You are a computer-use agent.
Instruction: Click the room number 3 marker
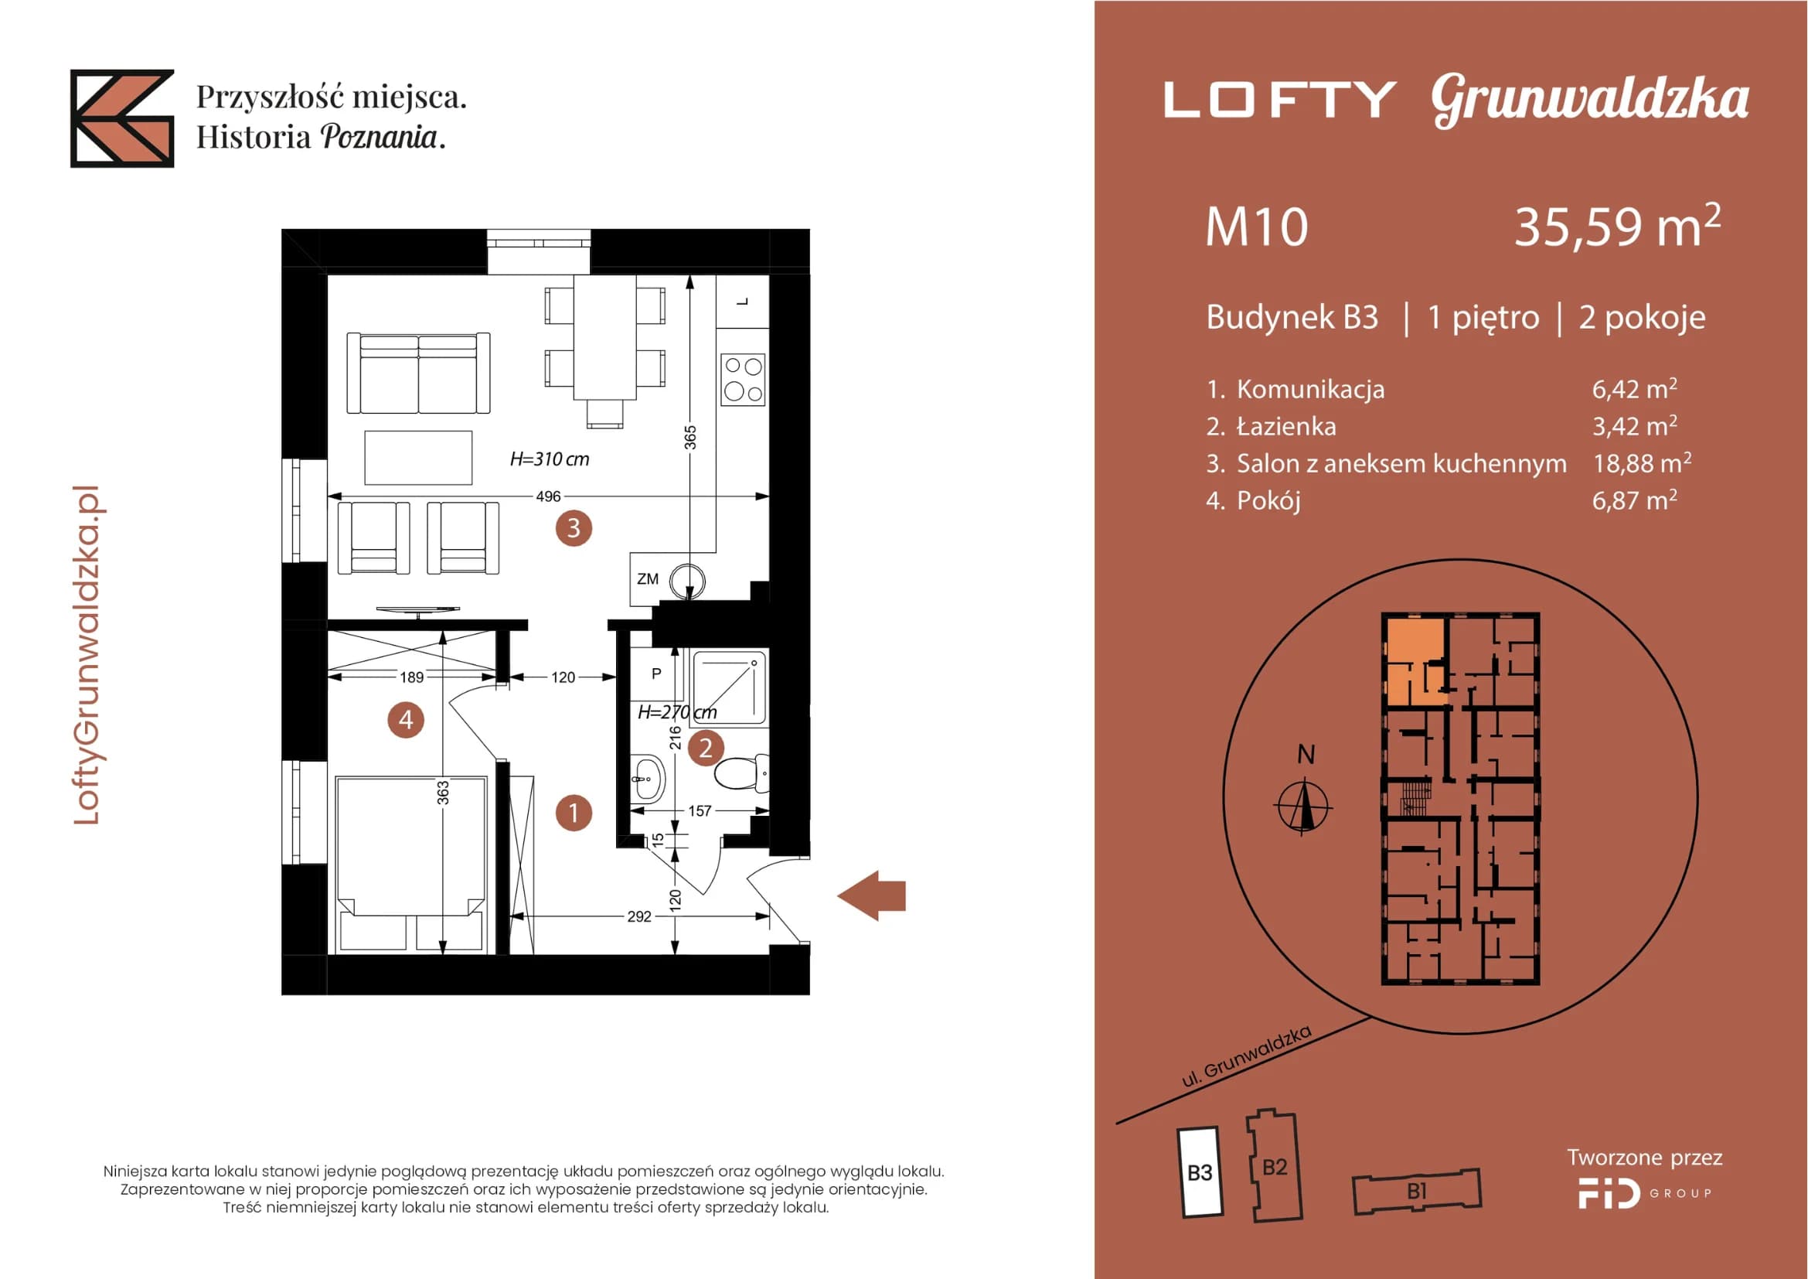(x=574, y=527)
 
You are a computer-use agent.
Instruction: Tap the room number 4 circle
(x=406, y=719)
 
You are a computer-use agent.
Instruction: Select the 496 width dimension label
(x=548, y=496)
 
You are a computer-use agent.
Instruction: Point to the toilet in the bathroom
(x=741, y=772)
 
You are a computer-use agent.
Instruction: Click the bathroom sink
(x=647, y=776)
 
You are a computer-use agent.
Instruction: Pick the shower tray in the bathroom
(x=729, y=687)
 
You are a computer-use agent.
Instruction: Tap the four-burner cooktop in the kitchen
(x=743, y=380)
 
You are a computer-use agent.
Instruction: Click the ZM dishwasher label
(x=647, y=579)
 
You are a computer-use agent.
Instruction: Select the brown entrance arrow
(x=871, y=895)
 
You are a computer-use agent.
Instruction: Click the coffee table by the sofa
(x=418, y=458)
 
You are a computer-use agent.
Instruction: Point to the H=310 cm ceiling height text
(x=549, y=459)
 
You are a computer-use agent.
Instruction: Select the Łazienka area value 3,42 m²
(x=1635, y=425)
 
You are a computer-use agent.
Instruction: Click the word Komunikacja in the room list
(x=1310, y=389)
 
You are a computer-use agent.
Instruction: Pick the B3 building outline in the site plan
(x=1200, y=1172)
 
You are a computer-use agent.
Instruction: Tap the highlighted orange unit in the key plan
(x=1415, y=660)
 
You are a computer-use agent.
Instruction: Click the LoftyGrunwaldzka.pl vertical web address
(x=87, y=655)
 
